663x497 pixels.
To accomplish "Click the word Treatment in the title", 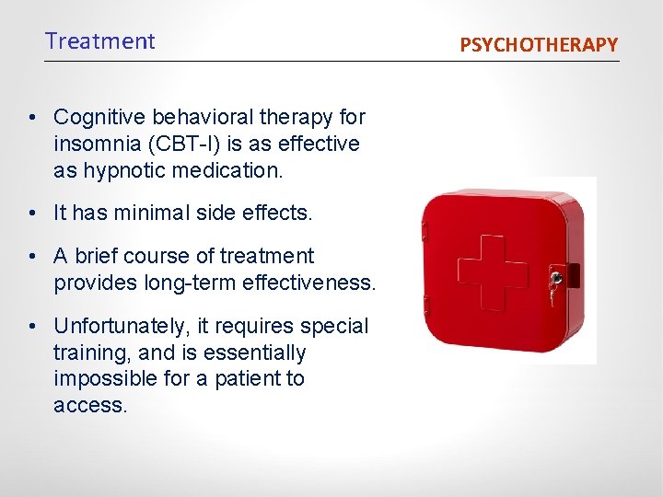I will [100, 41].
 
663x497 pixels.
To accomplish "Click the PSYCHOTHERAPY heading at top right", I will [539, 44].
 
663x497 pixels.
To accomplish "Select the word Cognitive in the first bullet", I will [99, 118].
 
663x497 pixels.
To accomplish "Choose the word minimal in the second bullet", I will [161, 214].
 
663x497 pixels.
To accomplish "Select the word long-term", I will [191, 283].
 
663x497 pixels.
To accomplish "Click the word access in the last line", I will [88, 405].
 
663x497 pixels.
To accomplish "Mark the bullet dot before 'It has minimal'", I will [32, 214].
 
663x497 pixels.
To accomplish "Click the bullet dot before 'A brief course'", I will [32, 256].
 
